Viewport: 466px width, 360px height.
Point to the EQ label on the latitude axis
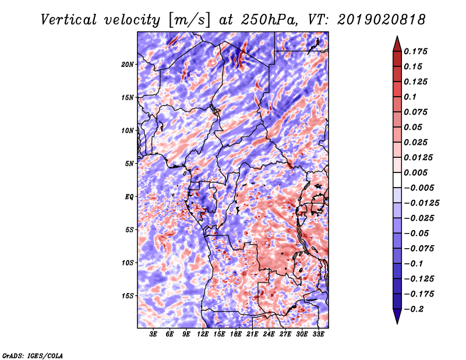coord(130,197)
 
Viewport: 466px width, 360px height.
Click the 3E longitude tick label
coord(154,334)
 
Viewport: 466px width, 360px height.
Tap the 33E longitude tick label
coord(319,334)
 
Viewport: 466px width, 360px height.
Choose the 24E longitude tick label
coord(269,334)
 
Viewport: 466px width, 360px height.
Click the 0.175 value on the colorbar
coord(417,51)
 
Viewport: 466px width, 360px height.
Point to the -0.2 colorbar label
coord(417,309)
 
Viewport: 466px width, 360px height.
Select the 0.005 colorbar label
coord(417,172)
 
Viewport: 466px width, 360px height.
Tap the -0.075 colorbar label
coord(420,248)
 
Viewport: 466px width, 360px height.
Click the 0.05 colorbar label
coord(414,127)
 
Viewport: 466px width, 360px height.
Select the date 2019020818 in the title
coord(378,19)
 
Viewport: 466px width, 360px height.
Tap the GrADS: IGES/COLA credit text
coord(32,355)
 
